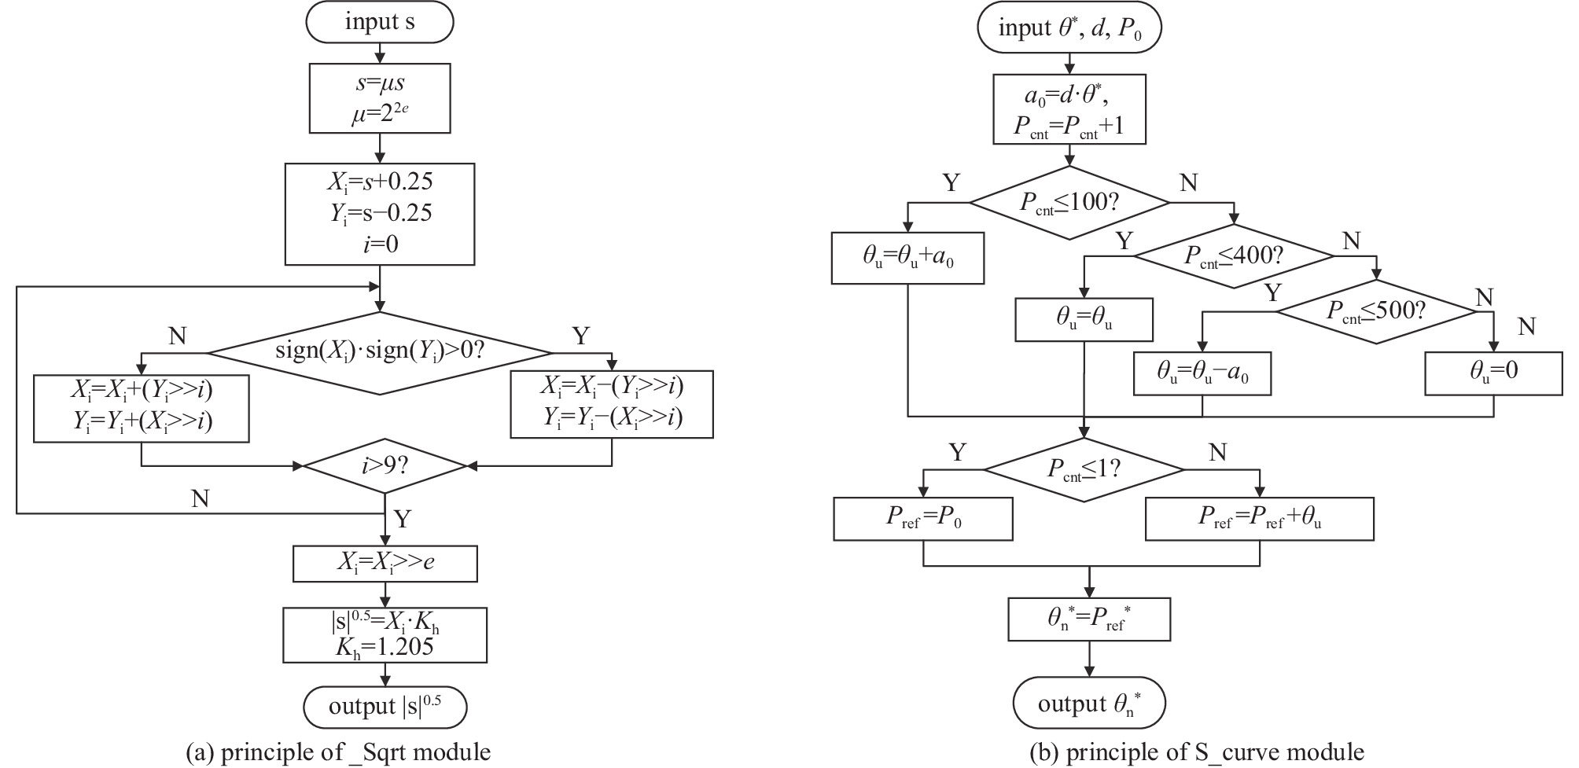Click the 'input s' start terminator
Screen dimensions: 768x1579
click(380, 23)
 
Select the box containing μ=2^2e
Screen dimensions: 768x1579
click(380, 98)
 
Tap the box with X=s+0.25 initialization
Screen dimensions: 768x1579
click(380, 214)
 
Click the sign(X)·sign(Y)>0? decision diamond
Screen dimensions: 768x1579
click(380, 353)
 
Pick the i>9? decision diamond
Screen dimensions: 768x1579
click(385, 466)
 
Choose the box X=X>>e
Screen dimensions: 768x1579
click(385, 564)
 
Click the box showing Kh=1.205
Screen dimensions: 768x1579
click(385, 634)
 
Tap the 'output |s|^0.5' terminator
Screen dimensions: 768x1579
click(385, 707)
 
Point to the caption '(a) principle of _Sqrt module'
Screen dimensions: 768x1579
click(338, 752)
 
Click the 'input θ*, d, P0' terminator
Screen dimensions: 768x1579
click(1069, 29)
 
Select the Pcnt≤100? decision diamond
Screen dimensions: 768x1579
click(1069, 202)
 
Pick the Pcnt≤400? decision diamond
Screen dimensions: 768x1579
click(1233, 255)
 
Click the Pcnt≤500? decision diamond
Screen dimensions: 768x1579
click(1375, 311)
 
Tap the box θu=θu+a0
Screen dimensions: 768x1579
click(907, 258)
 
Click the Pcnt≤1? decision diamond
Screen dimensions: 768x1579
click(1084, 469)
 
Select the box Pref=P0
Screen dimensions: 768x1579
click(922, 519)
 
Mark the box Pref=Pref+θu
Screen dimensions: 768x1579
click(1259, 519)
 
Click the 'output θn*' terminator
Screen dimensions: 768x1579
click(1089, 703)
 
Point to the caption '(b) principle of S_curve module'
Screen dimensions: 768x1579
click(1197, 752)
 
